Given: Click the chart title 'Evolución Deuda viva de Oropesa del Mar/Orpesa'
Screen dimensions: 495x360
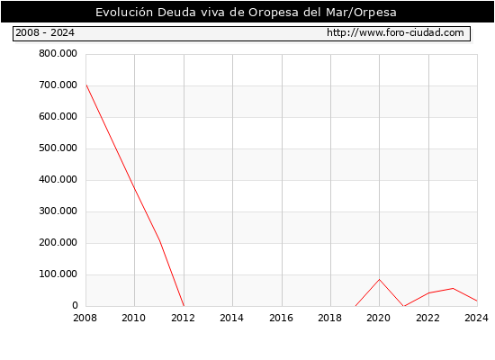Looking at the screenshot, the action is (x=246, y=13).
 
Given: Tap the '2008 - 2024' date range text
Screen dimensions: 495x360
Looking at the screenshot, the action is (x=45, y=32).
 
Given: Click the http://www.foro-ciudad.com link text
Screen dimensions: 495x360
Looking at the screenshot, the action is (x=395, y=32).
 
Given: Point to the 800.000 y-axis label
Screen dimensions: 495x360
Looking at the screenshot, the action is (x=58, y=54).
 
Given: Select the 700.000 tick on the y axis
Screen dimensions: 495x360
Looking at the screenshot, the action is (x=58, y=85).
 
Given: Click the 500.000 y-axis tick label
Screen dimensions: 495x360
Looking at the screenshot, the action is (x=58, y=148).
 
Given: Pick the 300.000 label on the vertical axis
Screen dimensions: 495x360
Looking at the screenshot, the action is (x=58, y=211).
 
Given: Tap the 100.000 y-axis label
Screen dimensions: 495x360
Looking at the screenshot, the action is (x=58, y=274).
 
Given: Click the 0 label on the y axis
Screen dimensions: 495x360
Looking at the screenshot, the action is (x=75, y=305).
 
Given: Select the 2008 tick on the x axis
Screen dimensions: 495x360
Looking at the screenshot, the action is (x=85, y=318).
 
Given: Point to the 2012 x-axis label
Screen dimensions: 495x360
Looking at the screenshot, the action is (x=184, y=318).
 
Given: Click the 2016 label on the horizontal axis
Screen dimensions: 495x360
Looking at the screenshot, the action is (x=282, y=318).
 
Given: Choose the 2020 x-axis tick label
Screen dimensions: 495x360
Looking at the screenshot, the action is (x=379, y=318).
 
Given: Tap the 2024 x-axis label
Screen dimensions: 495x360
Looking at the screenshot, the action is (x=476, y=318).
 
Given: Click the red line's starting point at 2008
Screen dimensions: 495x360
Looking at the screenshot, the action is (x=86, y=85).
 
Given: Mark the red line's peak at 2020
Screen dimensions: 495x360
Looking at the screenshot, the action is (x=380, y=280).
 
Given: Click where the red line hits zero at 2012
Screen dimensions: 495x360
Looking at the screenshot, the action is (x=184, y=306).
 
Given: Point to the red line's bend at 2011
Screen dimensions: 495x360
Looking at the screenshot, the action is (x=159, y=240).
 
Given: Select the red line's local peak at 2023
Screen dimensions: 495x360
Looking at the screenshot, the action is (x=453, y=288).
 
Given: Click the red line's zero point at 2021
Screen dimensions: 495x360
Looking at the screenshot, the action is (x=404, y=306).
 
